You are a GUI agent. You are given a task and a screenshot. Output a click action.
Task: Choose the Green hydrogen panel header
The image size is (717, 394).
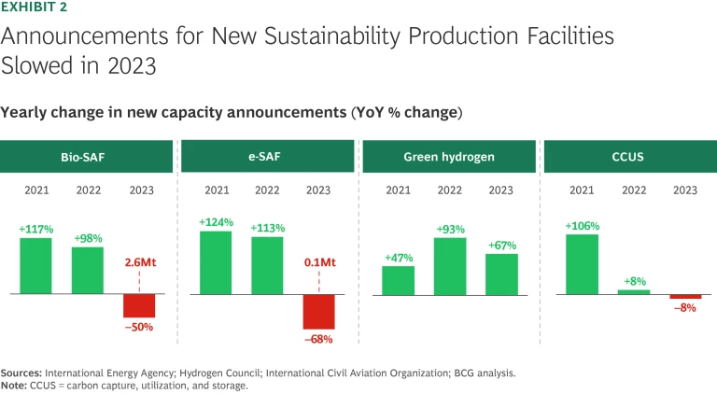click(449, 157)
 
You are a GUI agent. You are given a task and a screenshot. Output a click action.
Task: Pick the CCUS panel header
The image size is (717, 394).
click(631, 157)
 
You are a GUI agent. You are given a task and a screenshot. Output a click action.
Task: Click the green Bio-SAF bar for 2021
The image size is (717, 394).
click(35, 266)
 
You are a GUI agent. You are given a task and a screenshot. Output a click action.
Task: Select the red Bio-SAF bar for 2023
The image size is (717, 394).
click(139, 306)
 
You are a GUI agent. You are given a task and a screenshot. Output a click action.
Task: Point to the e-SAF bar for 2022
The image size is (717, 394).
click(267, 266)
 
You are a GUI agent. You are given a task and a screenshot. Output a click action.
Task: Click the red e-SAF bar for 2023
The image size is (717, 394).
click(318, 312)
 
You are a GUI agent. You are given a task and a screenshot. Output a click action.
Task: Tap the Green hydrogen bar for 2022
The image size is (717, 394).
click(450, 267)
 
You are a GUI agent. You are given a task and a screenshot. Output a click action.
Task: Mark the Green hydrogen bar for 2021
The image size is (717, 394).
click(399, 281)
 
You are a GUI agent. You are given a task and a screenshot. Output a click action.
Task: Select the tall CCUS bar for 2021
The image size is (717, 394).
click(582, 264)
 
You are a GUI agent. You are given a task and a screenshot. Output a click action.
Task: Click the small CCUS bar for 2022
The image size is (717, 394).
click(633, 291)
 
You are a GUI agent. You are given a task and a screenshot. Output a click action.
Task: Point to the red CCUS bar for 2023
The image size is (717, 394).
click(684, 297)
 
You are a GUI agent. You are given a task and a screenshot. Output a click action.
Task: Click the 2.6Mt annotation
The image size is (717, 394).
click(140, 263)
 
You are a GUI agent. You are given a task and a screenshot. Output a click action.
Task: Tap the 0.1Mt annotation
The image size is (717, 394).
click(318, 263)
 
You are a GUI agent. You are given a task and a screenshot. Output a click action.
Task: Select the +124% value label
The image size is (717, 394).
click(216, 222)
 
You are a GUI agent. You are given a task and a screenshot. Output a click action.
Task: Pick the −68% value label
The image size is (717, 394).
click(318, 338)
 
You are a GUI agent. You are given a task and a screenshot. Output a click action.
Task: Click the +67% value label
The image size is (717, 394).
click(501, 246)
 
